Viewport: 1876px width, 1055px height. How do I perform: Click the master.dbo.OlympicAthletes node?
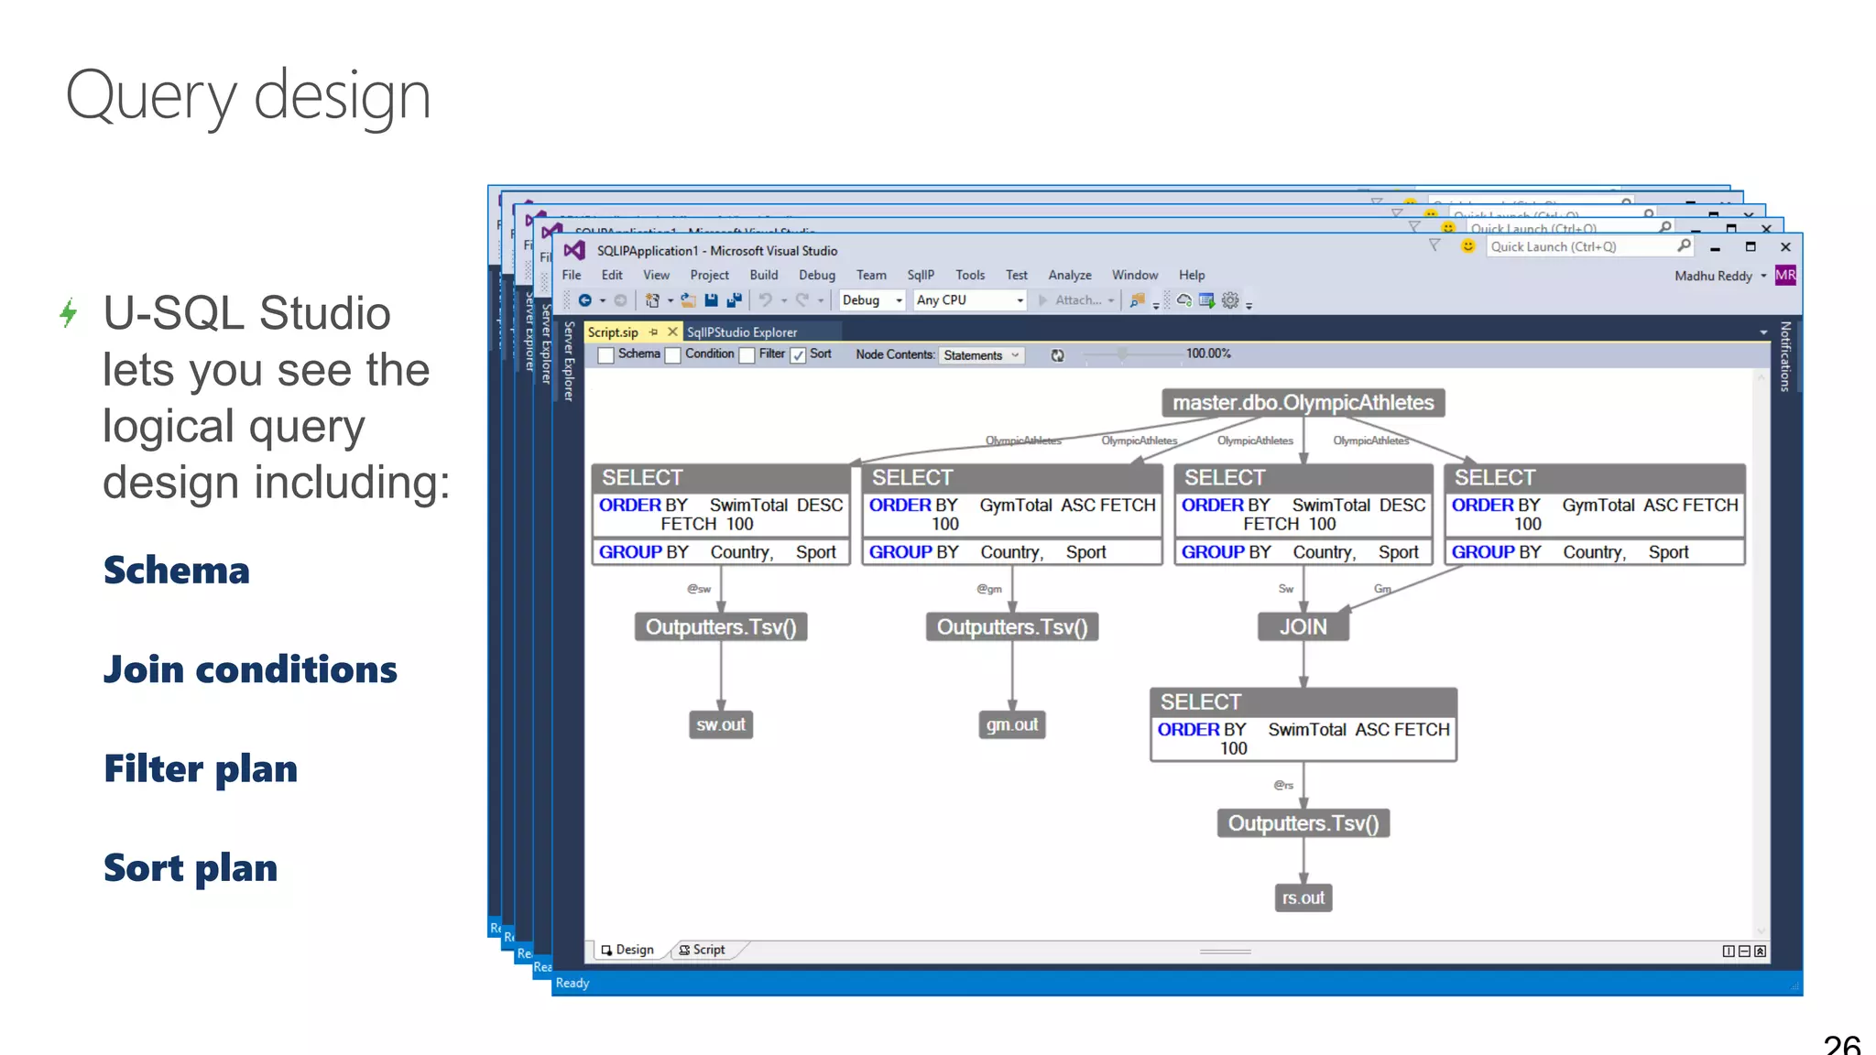coord(1303,403)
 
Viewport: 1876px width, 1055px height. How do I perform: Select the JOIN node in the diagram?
coord(1303,627)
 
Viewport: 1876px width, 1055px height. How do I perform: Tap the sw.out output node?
coord(721,724)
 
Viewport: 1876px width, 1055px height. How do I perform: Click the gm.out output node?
coord(1012,724)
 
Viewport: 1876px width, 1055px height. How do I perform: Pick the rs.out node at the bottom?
coord(1303,898)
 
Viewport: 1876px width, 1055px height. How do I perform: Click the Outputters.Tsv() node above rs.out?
coord(1303,823)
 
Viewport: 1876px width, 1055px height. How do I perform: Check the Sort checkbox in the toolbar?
coord(799,355)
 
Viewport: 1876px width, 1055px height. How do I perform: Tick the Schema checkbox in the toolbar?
coord(606,355)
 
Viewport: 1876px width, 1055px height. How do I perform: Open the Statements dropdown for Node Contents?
coord(981,355)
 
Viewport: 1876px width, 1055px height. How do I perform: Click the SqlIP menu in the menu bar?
coord(921,275)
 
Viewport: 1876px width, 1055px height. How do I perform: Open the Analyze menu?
coord(1069,275)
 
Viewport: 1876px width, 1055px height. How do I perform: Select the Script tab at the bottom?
coord(703,950)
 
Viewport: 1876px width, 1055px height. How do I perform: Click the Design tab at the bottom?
coord(628,950)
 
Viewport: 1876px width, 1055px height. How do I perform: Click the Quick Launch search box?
coord(1580,246)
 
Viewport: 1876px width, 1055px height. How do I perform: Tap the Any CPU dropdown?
coord(969,299)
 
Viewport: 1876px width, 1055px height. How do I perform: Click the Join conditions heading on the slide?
coord(250,669)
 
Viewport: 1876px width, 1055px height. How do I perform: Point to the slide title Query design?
coord(248,96)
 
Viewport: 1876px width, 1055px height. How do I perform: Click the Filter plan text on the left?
coord(201,768)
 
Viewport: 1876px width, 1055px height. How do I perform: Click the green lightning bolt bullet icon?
coord(69,312)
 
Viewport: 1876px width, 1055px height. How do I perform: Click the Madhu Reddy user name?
coord(1713,276)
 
